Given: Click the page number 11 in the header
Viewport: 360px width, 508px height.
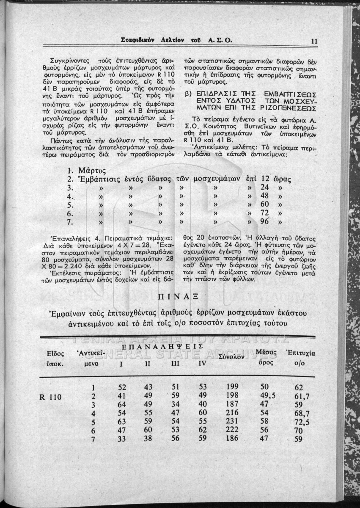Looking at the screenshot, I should click(x=314, y=41).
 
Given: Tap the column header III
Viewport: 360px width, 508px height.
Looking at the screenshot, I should click(x=176, y=363).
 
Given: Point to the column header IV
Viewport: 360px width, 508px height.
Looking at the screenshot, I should click(x=202, y=363).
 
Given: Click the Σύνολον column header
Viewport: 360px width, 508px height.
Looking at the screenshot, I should click(x=232, y=357).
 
